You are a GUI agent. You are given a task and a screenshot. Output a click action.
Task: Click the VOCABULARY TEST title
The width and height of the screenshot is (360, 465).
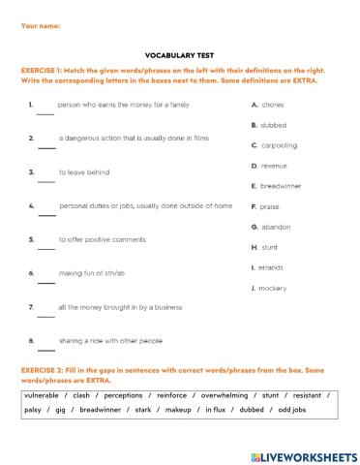[179, 56]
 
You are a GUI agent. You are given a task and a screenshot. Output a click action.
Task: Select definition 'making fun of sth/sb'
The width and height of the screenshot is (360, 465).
[97, 273]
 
